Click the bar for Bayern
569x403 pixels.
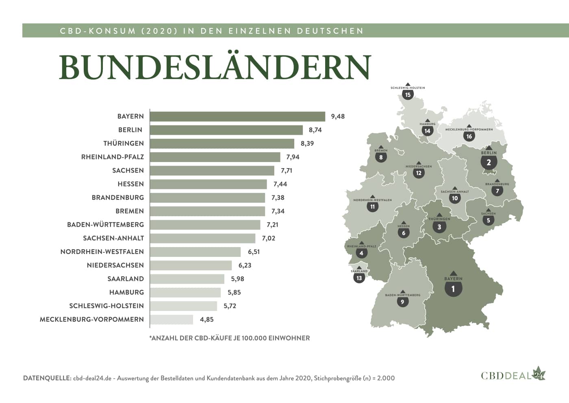[x=237, y=116]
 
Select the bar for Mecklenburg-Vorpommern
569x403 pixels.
[x=172, y=320]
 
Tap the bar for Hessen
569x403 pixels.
[x=208, y=184]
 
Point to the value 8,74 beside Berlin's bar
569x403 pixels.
[x=315, y=130]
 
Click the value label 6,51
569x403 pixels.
[x=254, y=252]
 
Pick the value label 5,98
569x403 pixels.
[x=237, y=279]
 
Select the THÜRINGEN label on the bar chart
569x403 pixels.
[x=124, y=143]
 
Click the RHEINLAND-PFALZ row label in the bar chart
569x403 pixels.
[x=113, y=157]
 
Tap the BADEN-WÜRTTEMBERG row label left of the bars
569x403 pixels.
[x=105, y=225]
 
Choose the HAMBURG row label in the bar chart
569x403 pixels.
[x=126, y=292]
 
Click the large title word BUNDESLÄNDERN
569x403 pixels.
[x=215, y=67]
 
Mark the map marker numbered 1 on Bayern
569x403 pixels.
[x=453, y=289]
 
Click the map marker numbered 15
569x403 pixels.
[x=408, y=95]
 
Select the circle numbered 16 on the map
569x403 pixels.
[x=469, y=136]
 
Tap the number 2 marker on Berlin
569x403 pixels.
[x=489, y=162]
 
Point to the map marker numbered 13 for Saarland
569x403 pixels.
[x=359, y=278]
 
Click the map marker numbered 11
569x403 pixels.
[x=372, y=207]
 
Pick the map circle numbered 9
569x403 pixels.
[x=402, y=302]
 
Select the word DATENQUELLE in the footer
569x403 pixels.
[x=47, y=378]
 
